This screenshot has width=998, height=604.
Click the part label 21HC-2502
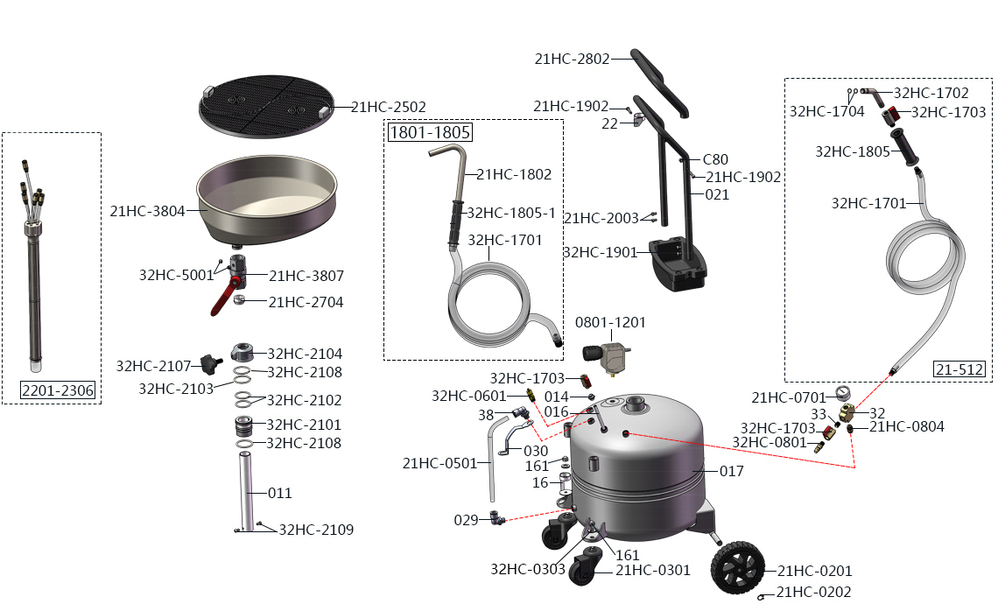point(389,107)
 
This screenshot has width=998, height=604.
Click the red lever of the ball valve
point(222,300)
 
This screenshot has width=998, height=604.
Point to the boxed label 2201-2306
point(58,390)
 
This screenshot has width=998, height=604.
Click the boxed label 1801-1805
point(430,132)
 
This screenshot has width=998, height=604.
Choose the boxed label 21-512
point(959,369)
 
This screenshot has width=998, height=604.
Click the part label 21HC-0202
point(813,592)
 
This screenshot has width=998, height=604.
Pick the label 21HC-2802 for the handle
point(572,59)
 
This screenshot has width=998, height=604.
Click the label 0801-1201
point(610,323)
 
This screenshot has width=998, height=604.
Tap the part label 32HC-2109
point(317,530)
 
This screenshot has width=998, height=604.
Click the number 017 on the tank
point(731,471)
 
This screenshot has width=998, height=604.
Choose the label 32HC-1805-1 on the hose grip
point(511,213)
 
